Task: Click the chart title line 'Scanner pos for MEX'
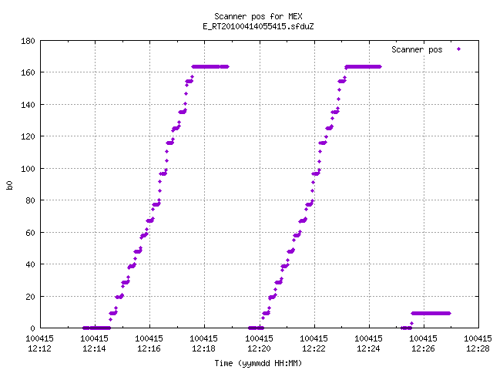tap(258, 16)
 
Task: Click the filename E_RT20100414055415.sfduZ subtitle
tap(258, 26)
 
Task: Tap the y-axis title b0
tap(9, 185)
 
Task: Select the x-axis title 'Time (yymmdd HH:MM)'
tap(258, 363)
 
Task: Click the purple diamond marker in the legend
tap(459, 49)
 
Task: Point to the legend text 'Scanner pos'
tap(417, 49)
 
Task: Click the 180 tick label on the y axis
tap(28, 41)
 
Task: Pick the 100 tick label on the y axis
tap(28, 169)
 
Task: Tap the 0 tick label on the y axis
tap(32, 328)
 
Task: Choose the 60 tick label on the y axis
tap(30, 233)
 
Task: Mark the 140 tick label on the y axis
tap(28, 105)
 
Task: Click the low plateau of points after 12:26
tap(431, 314)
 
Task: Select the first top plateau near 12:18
tap(210, 67)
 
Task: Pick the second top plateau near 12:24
tap(363, 67)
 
